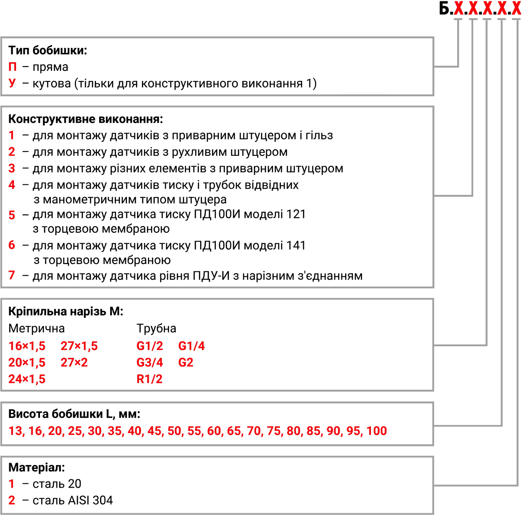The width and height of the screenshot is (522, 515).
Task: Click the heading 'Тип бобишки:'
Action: tap(48, 50)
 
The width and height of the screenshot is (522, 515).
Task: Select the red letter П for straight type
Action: tap(13, 67)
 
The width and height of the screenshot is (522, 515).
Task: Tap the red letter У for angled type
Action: tap(12, 83)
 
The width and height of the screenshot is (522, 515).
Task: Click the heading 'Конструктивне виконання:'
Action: tap(86, 119)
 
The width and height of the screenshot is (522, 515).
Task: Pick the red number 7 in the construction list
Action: tap(12, 275)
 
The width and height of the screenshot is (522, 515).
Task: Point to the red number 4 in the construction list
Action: tap(12, 185)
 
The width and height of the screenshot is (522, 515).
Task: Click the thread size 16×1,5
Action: tap(27, 346)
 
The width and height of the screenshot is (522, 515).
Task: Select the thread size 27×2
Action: tap(74, 362)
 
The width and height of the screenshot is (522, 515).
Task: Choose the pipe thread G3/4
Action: tap(150, 362)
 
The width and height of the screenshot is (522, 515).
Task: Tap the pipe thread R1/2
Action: tap(149, 379)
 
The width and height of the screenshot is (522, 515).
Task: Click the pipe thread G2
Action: tap(186, 362)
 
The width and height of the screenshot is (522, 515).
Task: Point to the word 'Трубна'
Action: tap(156, 329)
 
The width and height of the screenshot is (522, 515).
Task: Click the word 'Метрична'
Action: tap(37, 328)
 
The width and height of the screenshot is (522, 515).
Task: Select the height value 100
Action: tap(377, 431)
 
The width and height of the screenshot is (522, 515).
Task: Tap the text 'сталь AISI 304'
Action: tap(73, 500)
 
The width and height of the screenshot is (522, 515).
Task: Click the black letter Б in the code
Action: tap(444, 8)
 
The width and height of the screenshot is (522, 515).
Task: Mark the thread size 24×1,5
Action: tap(27, 379)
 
